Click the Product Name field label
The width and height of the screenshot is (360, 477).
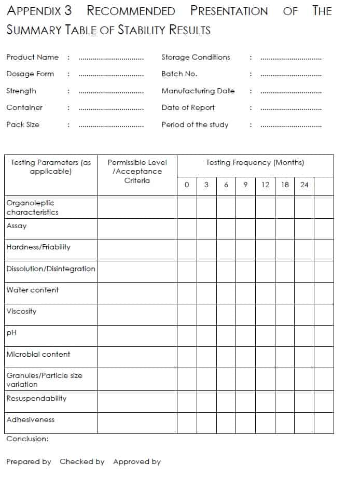point(32,57)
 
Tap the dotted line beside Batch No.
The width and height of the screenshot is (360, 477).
point(291,74)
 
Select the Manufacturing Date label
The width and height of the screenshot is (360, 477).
point(198,91)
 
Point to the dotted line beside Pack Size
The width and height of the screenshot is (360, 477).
point(111,125)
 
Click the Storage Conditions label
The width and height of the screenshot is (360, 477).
point(196,57)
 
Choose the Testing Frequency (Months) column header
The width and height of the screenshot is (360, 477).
point(255,162)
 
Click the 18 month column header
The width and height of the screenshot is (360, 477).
point(285,185)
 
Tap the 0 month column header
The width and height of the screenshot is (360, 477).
point(187,185)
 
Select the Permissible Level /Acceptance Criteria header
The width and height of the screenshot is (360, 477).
point(137,171)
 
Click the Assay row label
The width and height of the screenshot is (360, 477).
point(17,226)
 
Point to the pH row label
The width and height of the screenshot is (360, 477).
point(11,332)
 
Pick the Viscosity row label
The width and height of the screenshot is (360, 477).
point(21,311)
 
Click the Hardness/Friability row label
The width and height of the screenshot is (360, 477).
point(38,247)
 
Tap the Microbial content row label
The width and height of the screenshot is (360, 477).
point(38,354)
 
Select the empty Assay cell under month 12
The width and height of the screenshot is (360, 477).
point(265,229)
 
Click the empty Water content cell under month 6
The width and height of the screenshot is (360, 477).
point(226,293)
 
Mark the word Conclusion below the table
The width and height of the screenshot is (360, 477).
point(27,439)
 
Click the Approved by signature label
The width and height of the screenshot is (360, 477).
point(137,461)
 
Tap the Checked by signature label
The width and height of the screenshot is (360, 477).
point(82,461)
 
